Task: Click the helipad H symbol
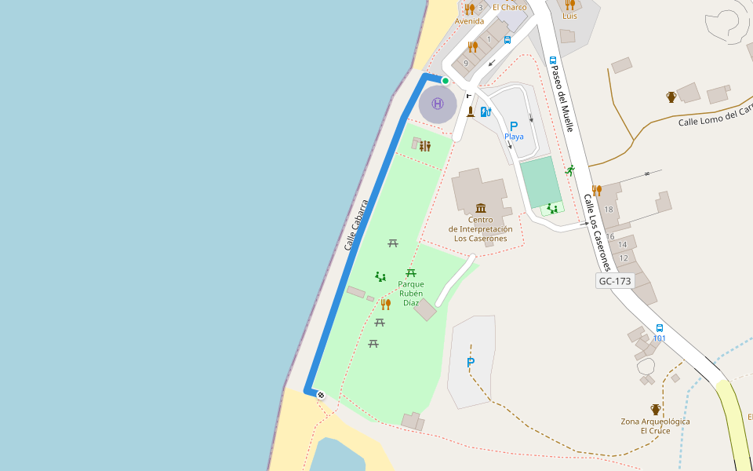438,104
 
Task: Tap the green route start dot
446,80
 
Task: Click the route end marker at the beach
321,395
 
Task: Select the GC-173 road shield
614,280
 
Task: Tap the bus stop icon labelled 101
659,327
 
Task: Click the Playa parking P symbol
514,126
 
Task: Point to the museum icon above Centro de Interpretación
480,208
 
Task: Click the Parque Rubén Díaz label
411,293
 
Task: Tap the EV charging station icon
486,111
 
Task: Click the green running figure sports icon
570,170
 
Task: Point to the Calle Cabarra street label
356,226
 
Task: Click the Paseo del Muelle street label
562,97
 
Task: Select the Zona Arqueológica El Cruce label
655,426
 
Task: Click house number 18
609,209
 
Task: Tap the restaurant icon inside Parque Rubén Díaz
385,304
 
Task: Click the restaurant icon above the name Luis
569,5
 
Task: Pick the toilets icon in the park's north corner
425,145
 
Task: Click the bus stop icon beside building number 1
507,39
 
